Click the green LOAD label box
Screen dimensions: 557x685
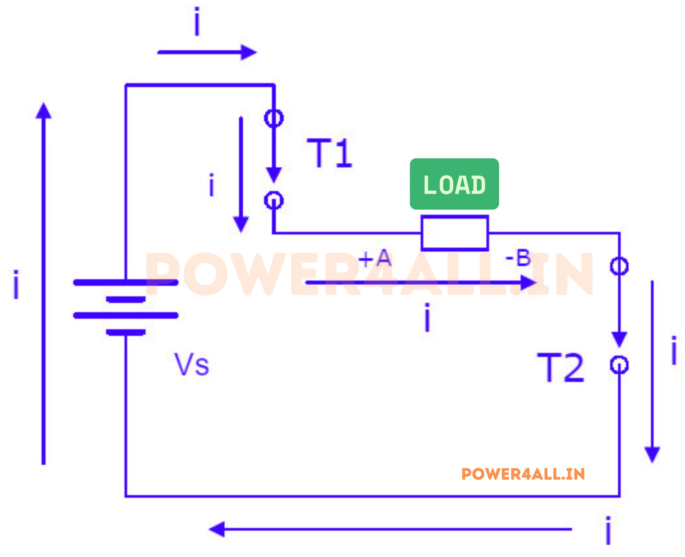pyautogui.click(x=454, y=184)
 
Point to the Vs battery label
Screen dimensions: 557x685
pyautogui.click(x=191, y=365)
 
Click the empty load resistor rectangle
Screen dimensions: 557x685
pyautogui.click(x=455, y=233)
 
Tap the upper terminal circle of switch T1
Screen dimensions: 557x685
pyautogui.click(x=274, y=118)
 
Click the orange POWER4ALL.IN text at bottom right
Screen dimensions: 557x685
pyautogui.click(x=523, y=474)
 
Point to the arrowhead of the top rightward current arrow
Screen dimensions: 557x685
pyautogui.click(x=249, y=52)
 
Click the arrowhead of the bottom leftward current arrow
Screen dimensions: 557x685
pyautogui.click(x=216, y=529)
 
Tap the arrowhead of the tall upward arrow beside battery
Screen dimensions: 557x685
pyautogui.click(x=44, y=111)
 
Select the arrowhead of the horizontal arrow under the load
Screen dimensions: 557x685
pyautogui.click(x=528, y=283)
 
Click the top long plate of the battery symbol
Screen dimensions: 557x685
pyautogui.click(x=126, y=282)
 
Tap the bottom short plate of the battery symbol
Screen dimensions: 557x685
pyautogui.click(x=126, y=332)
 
